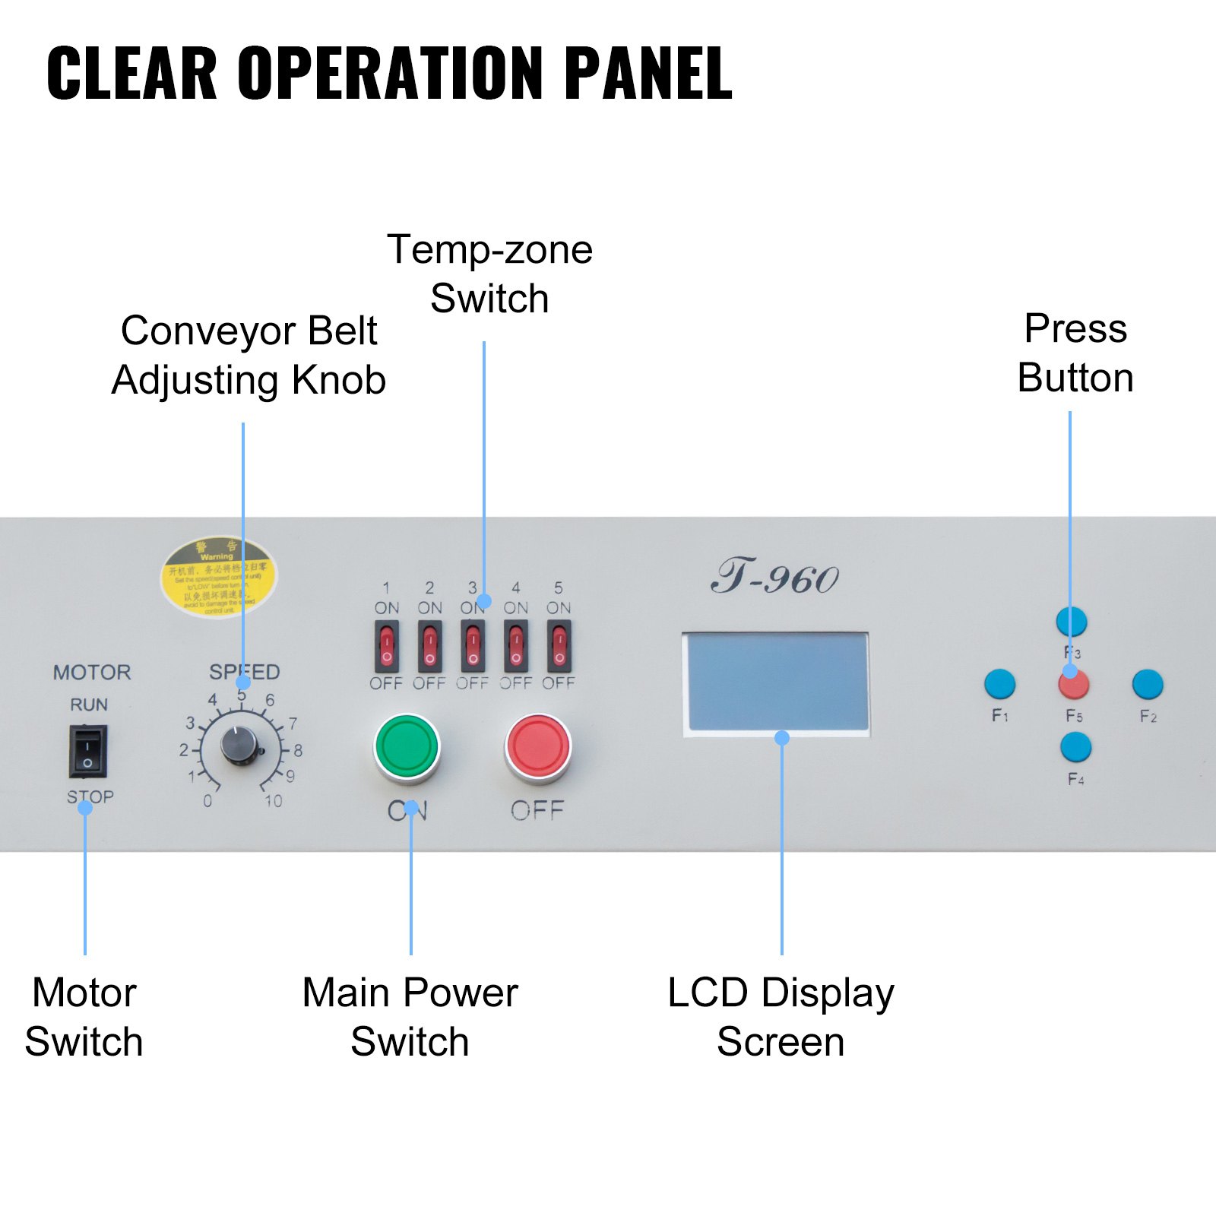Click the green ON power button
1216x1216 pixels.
coord(407,746)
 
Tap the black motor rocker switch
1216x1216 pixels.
coord(88,751)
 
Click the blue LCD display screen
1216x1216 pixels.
coord(777,682)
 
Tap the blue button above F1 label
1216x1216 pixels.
coord(999,684)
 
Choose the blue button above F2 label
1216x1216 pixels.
coord(1147,684)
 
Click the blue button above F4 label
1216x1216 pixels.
coord(1075,747)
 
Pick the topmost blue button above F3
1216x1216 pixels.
coord(1072,622)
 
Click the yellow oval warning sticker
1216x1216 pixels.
coord(218,578)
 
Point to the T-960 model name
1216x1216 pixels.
coord(775,578)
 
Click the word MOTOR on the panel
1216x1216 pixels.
coord(92,673)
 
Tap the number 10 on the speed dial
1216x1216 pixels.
coord(274,801)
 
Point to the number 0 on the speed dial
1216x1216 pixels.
coord(207,801)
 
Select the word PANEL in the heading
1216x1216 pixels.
coord(648,74)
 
